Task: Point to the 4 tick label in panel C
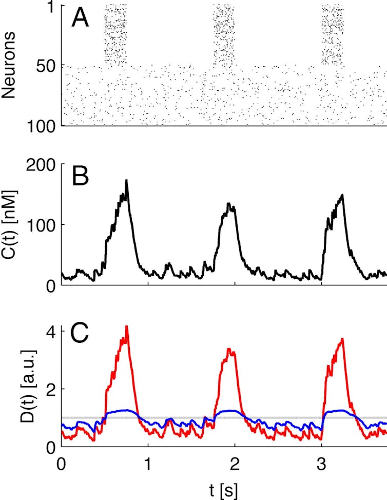click(x=51, y=331)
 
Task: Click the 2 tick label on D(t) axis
click(x=51, y=389)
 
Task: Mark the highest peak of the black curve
click(x=126, y=180)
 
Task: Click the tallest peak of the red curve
click(x=126, y=326)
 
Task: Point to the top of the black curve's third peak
click(x=342, y=195)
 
